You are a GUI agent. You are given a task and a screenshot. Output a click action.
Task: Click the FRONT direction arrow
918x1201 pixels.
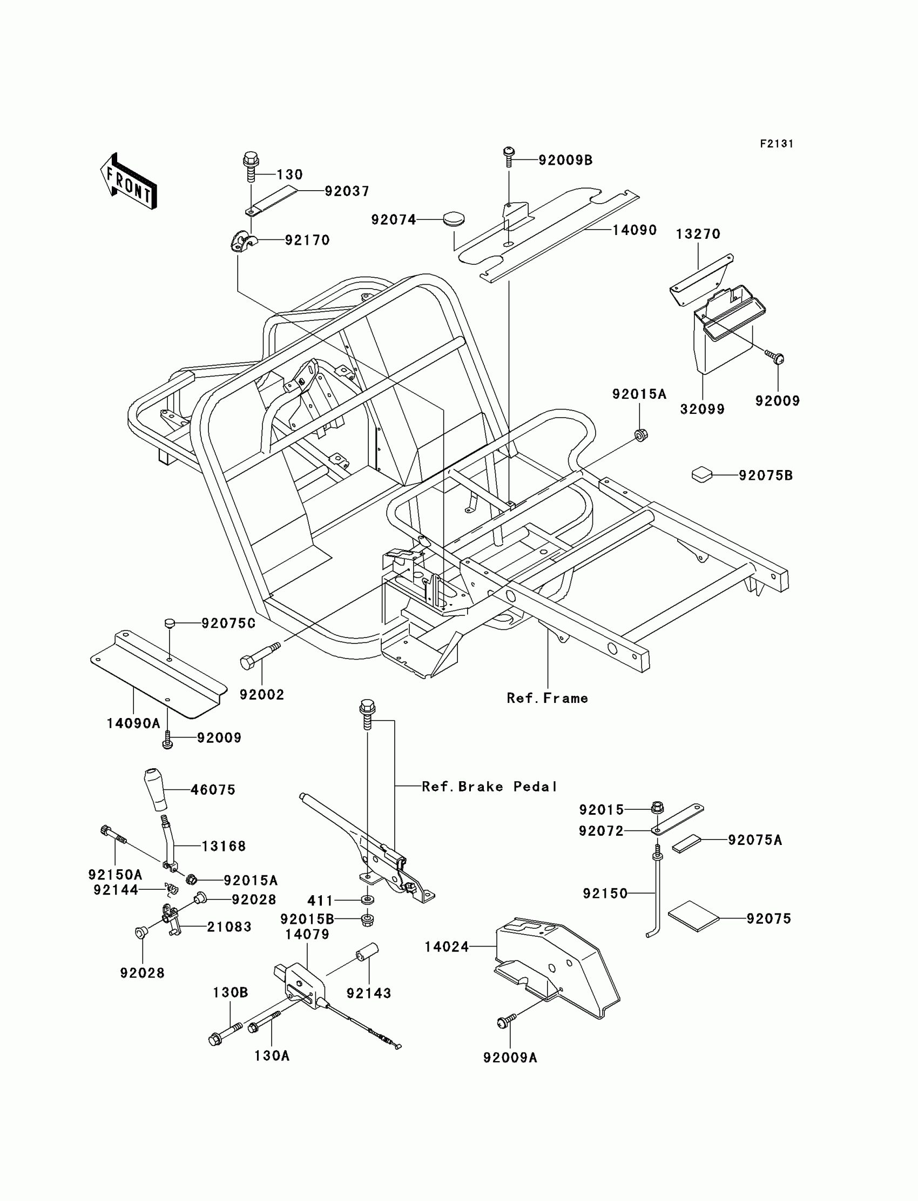pyautogui.click(x=129, y=181)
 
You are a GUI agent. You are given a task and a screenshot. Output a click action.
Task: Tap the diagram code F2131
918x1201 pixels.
pyautogui.click(x=777, y=144)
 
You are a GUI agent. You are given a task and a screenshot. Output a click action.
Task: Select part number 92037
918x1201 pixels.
pyautogui.click(x=347, y=191)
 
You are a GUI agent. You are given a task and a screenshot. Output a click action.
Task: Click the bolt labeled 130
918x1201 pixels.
pyautogui.click(x=251, y=167)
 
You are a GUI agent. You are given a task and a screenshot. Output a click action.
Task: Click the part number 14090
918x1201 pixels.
pyautogui.click(x=634, y=230)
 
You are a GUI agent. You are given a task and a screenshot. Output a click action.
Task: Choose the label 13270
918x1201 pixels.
pyautogui.click(x=698, y=234)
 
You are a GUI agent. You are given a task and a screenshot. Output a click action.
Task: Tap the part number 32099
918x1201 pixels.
pyautogui.click(x=702, y=410)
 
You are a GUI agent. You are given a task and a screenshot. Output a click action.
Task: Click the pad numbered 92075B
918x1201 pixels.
pyautogui.click(x=702, y=474)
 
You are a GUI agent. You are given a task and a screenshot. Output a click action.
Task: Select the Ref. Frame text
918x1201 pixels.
pyautogui.click(x=547, y=698)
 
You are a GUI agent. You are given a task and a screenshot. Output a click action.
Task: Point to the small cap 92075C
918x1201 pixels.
pyautogui.click(x=170, y=622)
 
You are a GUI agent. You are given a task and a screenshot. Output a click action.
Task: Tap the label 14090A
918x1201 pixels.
pyautogui.click(x=133, y=724)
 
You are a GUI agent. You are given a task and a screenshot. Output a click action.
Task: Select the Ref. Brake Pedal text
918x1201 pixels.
pyautogui.click(x=490, y=787)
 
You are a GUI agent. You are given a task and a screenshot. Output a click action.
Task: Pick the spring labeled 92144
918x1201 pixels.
pyautogui.click(x=172, y=890)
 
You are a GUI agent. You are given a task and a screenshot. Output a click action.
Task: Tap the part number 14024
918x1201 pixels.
pyautogui.click(x=447, y=947)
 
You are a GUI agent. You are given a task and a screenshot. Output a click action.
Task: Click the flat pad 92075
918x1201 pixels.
pyautogui.click(x=693, y=916)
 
